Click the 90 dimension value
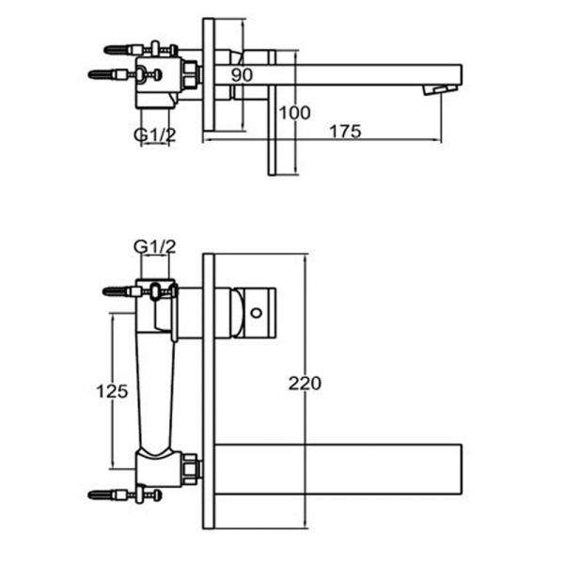point(242,75)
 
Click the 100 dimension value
point(294,113)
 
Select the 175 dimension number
point(345,132)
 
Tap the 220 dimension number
point(305,384)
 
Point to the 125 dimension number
point(112,391)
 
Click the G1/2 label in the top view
point(155,134)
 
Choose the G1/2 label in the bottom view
point(155,246)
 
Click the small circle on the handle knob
point(256,313)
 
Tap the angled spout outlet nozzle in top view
point(440,89)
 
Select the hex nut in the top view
point(190,75)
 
